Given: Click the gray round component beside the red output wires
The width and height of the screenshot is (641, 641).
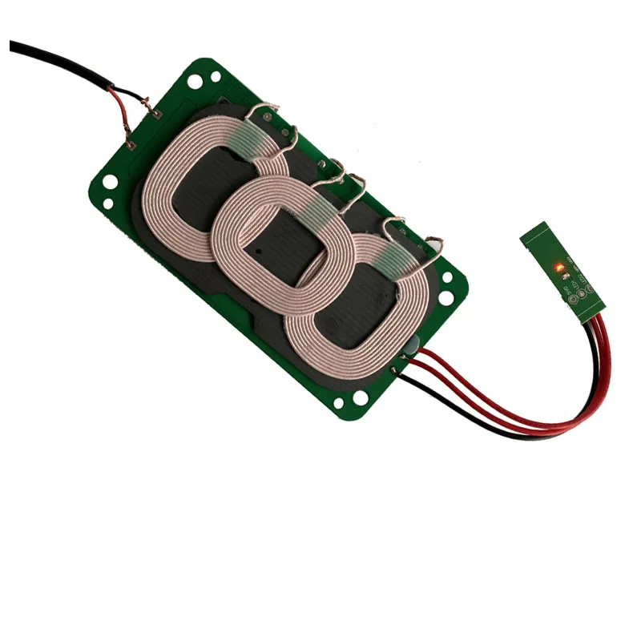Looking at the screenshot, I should pos(410,346).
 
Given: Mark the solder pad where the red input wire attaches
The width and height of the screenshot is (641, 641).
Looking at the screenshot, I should pos(131,145).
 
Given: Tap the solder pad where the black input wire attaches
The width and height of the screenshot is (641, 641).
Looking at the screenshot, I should pos(157,114).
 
